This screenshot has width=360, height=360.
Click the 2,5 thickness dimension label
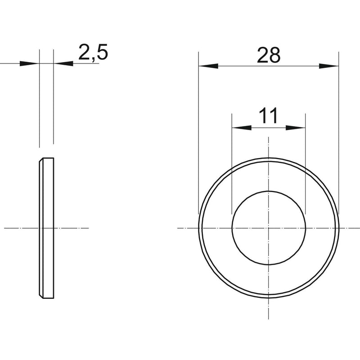93,53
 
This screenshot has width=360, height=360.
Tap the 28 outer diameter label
269,55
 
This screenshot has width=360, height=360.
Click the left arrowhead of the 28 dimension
208,66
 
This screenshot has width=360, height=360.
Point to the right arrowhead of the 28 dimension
329,66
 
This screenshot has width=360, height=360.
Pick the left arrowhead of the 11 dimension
242,128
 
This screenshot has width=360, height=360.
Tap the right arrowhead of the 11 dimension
296,128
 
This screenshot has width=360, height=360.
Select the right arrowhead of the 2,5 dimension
63,63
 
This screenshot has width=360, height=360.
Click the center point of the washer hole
269,228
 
